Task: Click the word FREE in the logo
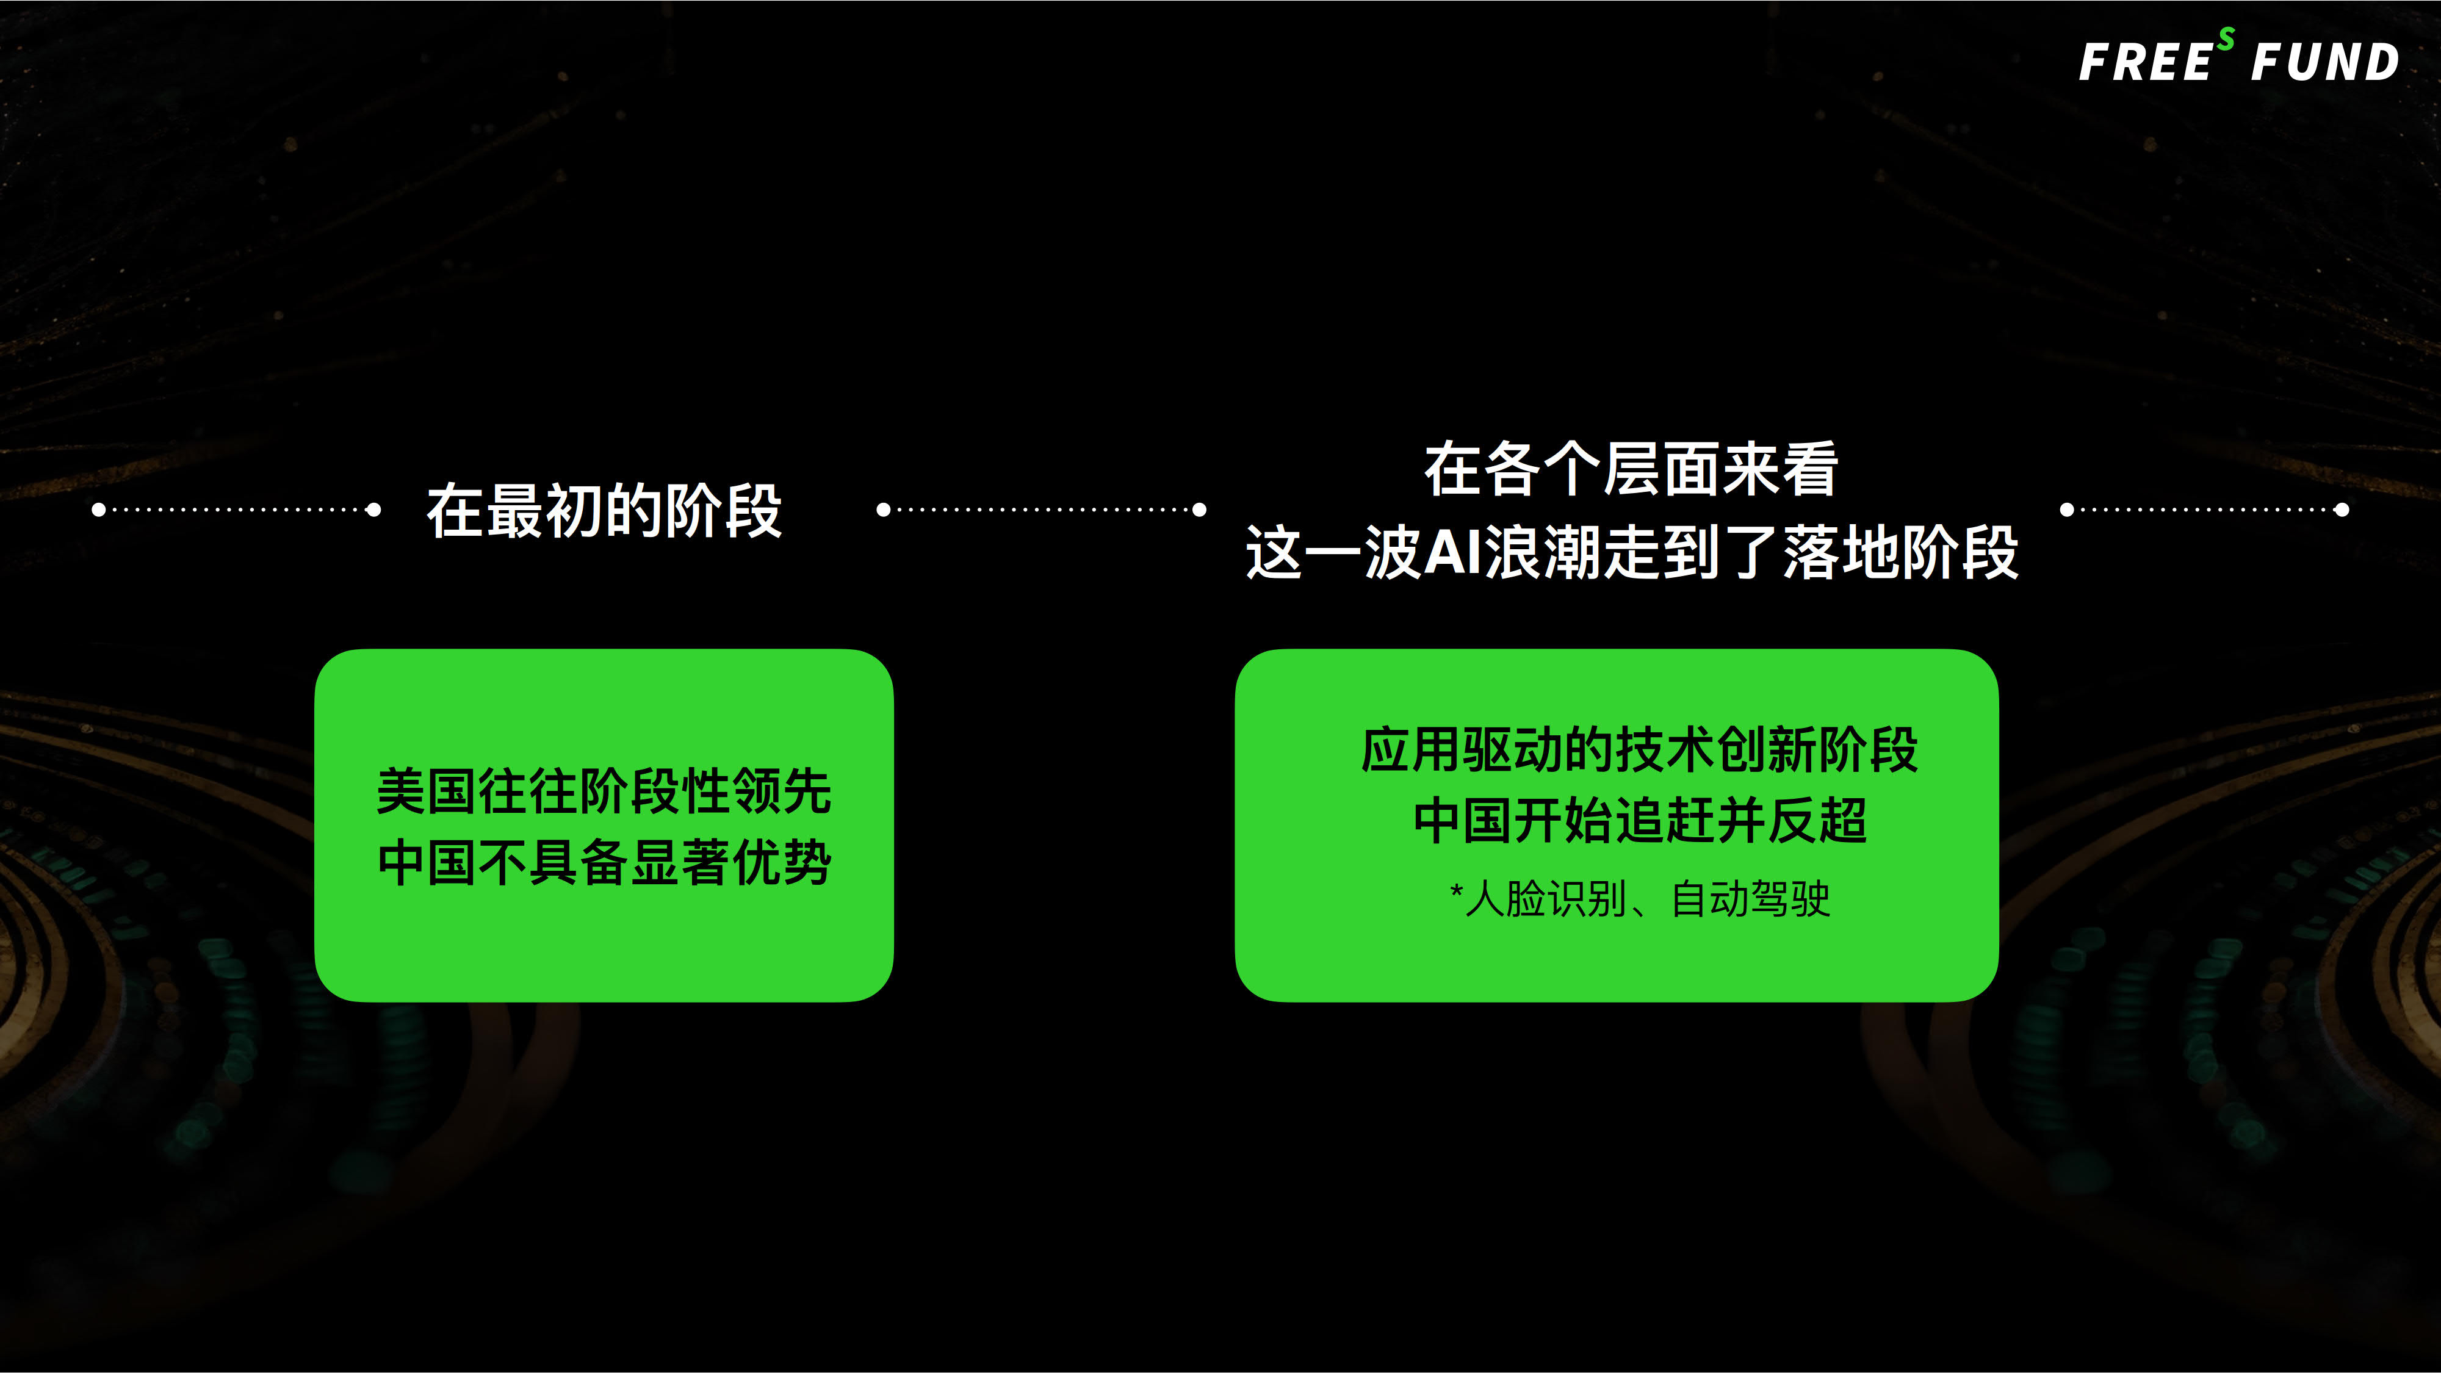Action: coord(2146,62)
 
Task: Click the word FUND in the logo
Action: coord(2324,62)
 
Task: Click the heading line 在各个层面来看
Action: coord(1631,469)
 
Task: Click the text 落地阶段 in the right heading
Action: coord(1901,552)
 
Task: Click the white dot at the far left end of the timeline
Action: coord(98,510)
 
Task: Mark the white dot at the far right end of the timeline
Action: coord(2342,510)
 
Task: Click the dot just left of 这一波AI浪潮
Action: coord(1200,510)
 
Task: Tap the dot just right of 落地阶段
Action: coord(2068,510)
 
